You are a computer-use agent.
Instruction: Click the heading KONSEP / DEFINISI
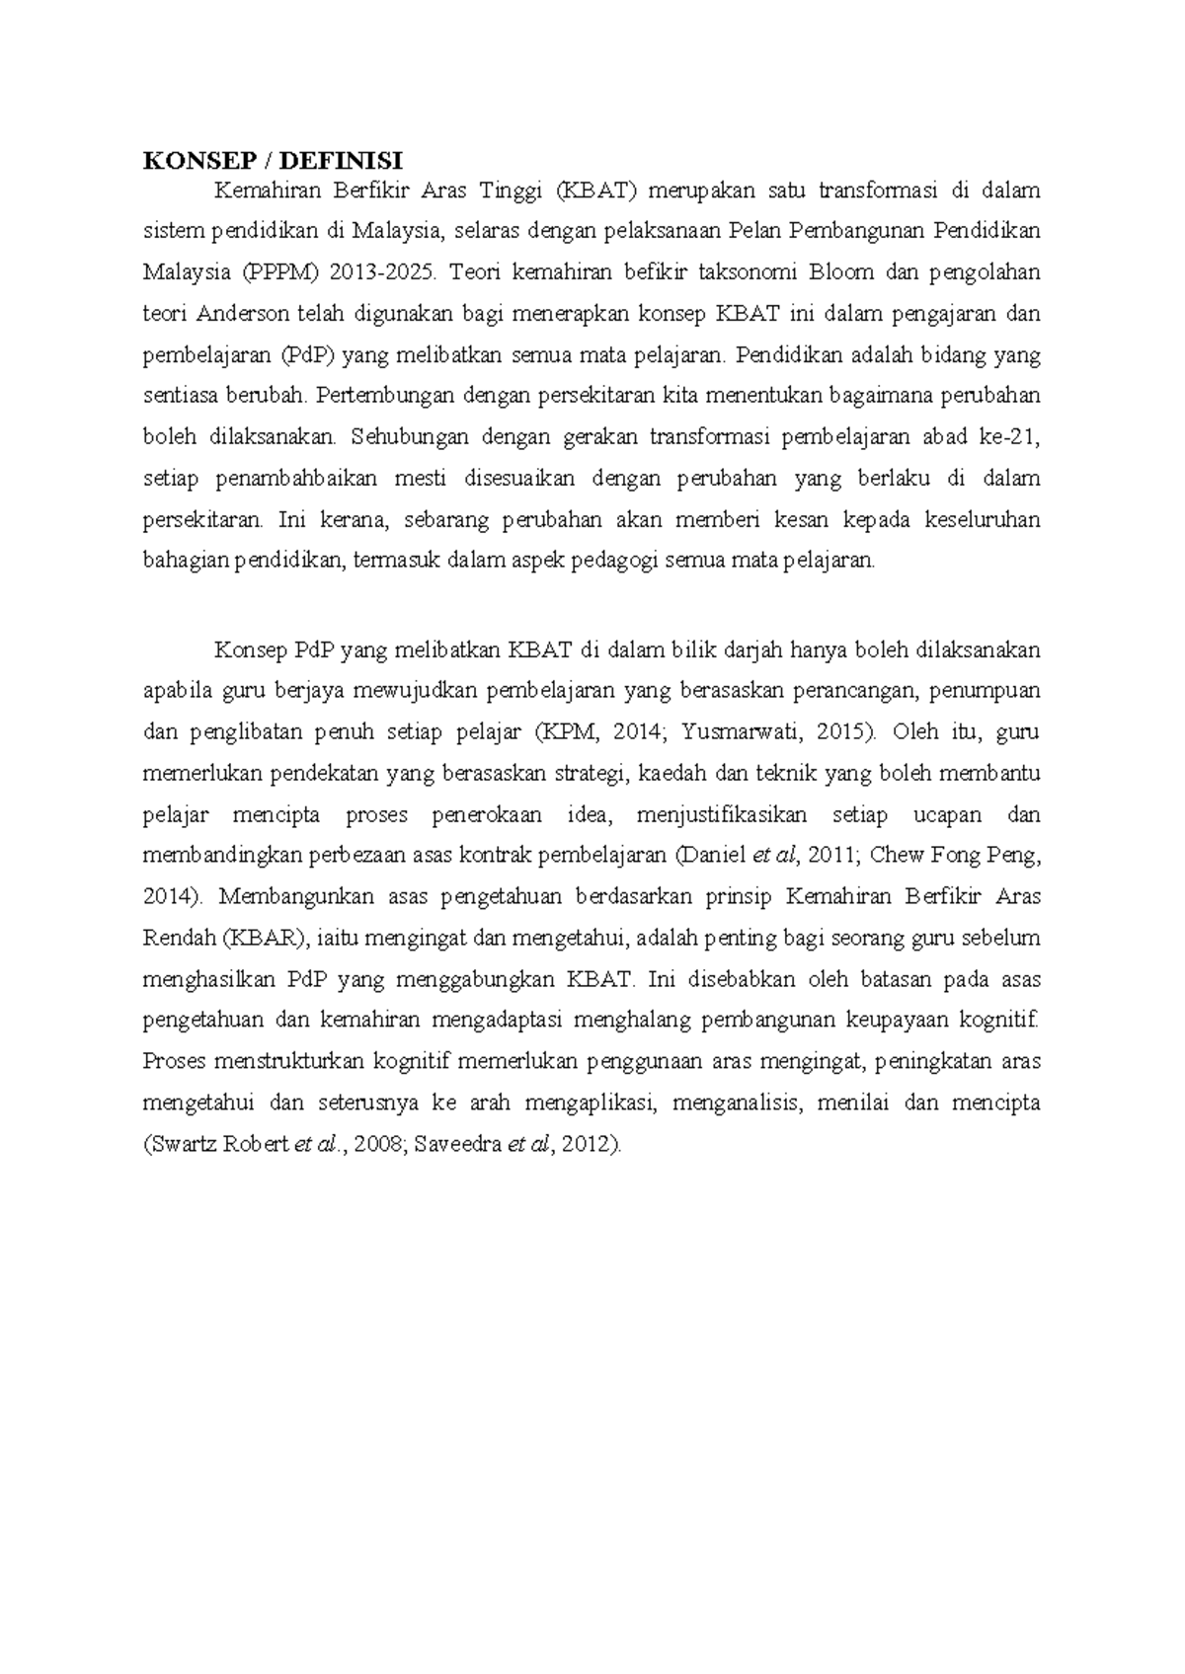click(273, 161)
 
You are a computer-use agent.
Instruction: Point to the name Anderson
click(243, 314)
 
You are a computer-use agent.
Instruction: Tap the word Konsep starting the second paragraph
click(252, 650)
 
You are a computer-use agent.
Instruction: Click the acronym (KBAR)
click(267, 939)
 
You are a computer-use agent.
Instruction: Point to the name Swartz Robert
click(211, 1145)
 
